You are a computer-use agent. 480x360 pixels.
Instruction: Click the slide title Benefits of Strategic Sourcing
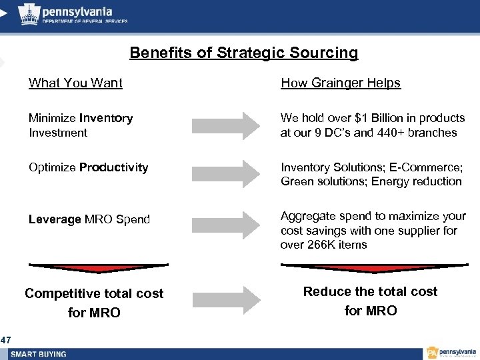tap(243, 53)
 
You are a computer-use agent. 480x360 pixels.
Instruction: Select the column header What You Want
tap(75, 83)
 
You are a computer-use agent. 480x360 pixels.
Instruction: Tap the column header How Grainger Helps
tap(340, 83)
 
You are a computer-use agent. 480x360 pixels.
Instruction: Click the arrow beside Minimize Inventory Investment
tap(223, 125)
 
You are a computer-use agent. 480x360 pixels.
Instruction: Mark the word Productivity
tap(113, 167)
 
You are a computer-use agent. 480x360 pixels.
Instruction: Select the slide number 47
tap(5, 341)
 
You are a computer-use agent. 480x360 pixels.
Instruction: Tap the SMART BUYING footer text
tap(39, 354)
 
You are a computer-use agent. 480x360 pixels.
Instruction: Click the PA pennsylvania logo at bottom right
tap(451, 353)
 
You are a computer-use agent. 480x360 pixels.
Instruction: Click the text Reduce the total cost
tap(370, 291)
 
